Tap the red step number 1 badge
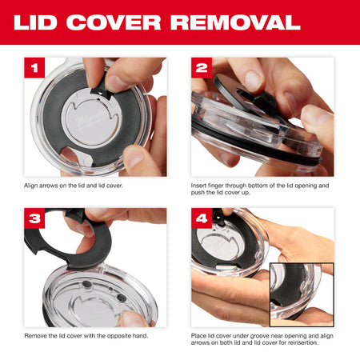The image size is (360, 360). coord(36,68)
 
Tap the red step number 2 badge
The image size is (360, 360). coord(202,68)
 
